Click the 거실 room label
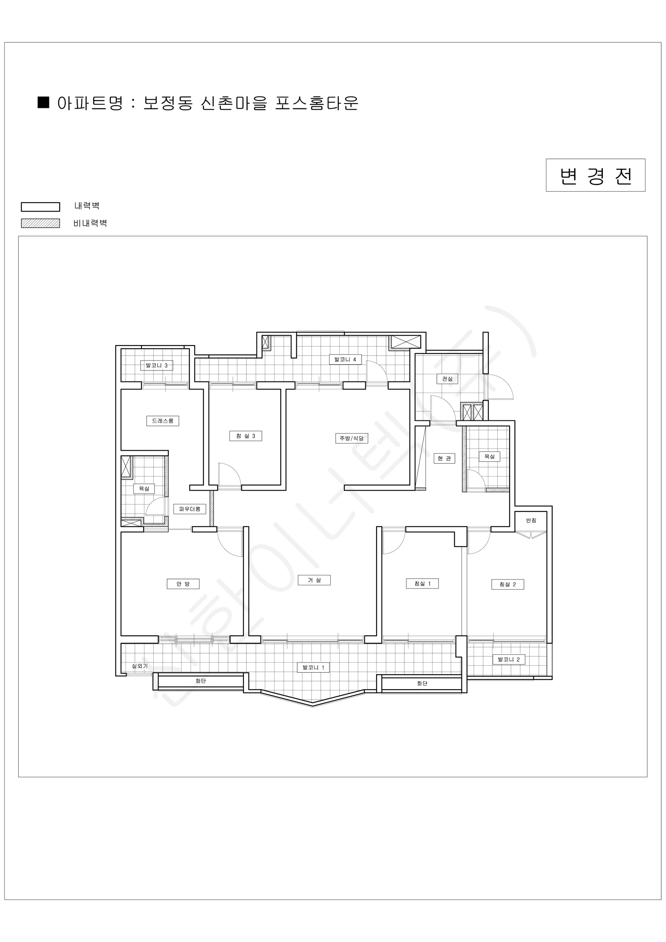point(315,580)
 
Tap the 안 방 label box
point(183,584)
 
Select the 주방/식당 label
point(351,438)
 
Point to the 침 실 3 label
point(246,436)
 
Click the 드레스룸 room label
point(163,420)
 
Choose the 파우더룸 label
point(189,509)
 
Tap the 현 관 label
point(444,458)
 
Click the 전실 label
point(447,379)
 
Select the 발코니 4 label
point(345,360)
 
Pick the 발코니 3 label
point(156,365)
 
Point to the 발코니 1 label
point(314,668)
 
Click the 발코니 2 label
point(509,659)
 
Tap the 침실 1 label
point(422,583)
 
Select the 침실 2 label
point(508,584)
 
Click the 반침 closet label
point(531,520)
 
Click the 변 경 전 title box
point(595,175)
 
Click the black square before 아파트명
point(44,102)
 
